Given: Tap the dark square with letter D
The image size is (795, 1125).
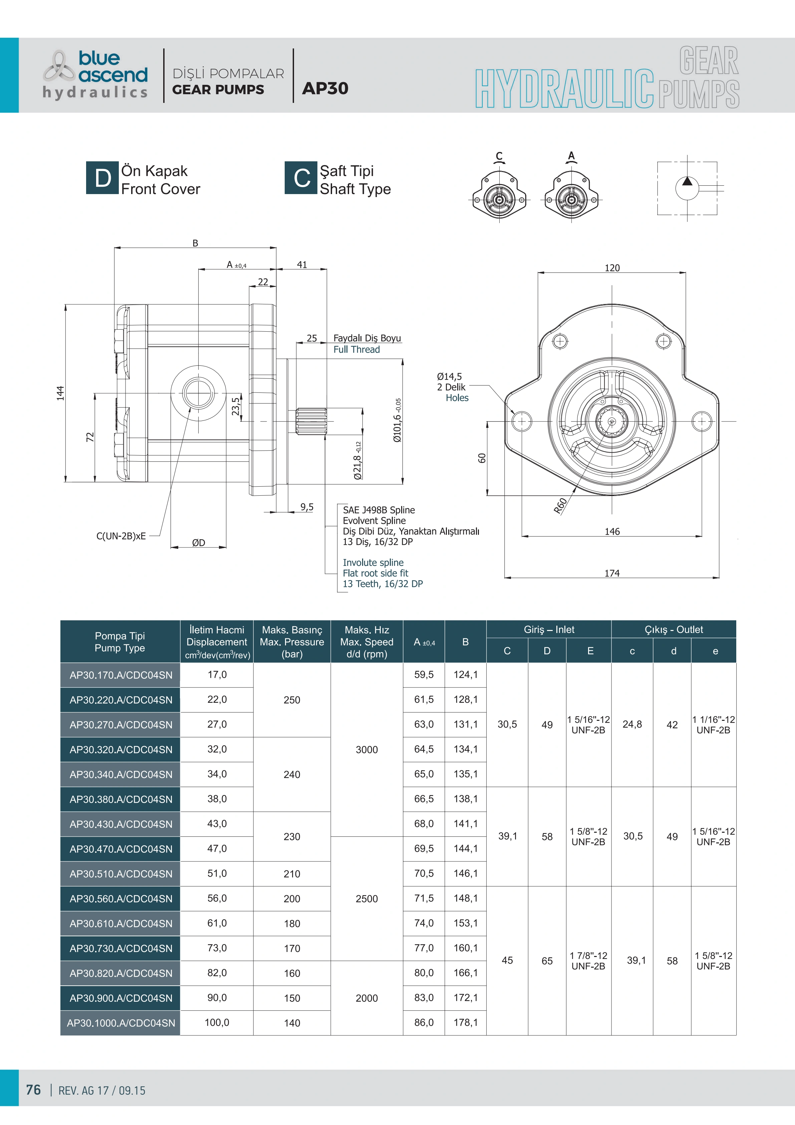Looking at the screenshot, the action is click(x=103, y=178).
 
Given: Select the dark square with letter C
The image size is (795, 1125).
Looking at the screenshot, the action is click(x=301, y=178).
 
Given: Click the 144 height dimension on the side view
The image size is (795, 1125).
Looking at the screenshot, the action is click(x=60, y=393).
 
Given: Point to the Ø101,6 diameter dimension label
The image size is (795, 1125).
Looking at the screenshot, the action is click(x=397, y=421).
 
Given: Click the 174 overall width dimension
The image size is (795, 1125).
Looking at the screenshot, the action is click(x=612, y=573).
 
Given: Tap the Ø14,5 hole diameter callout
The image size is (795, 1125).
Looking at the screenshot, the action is click(x=449, y=376).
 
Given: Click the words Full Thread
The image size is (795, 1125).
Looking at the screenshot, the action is click(x=356, y=349).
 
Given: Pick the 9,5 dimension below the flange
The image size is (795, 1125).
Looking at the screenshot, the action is click(x=307, y=507).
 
